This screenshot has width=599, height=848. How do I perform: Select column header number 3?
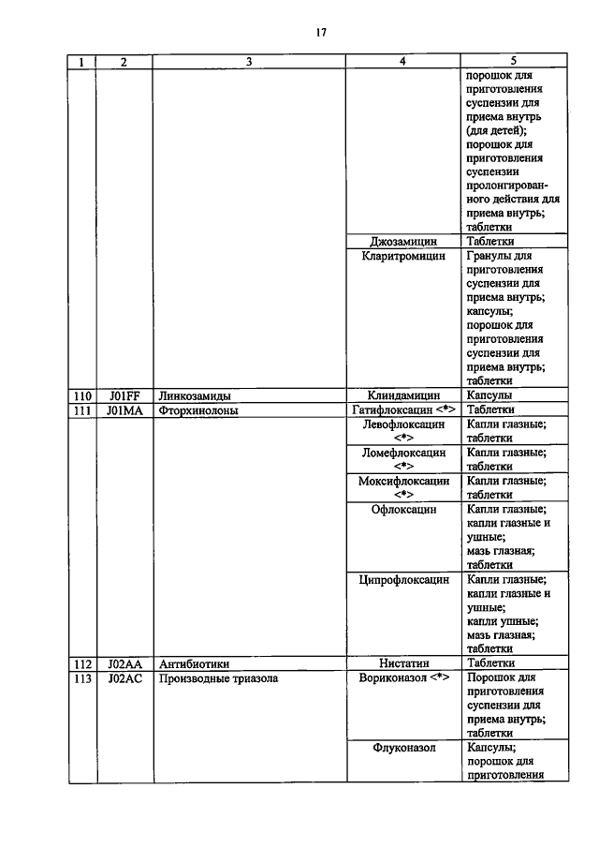(249, 62)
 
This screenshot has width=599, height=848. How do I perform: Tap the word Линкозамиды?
(195, 395)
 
